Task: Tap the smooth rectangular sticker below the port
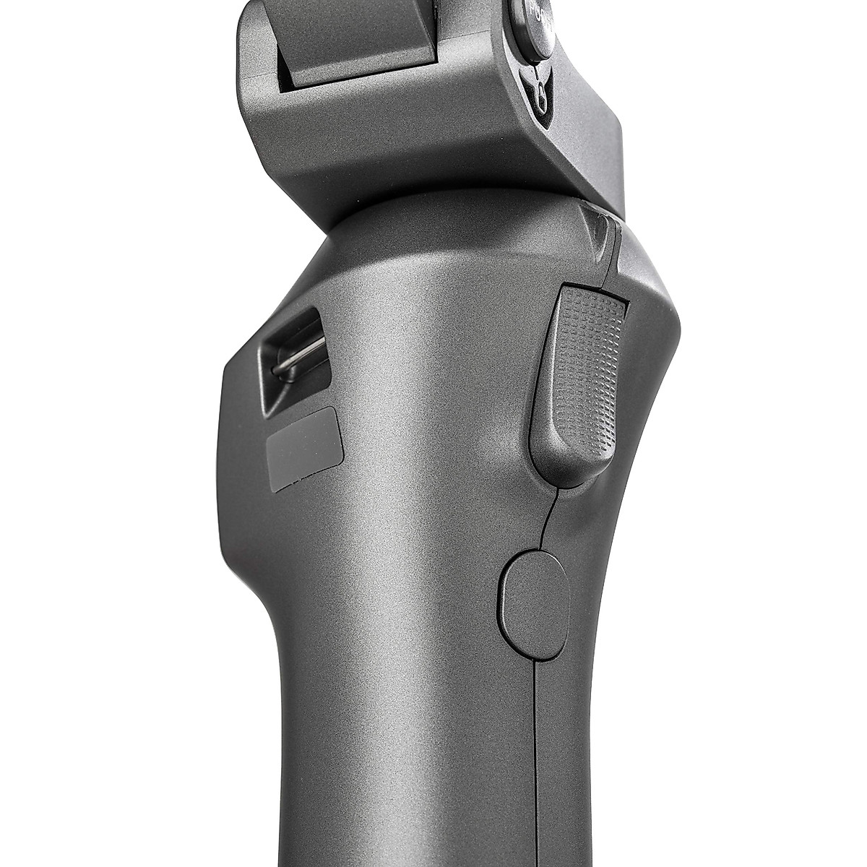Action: (304, 447)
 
